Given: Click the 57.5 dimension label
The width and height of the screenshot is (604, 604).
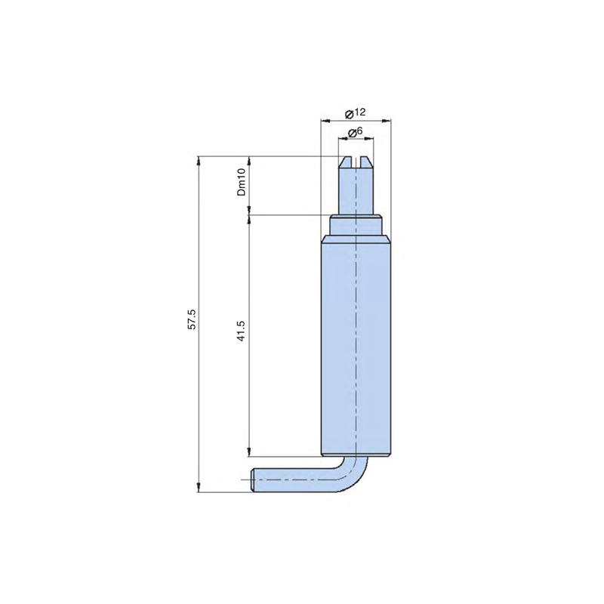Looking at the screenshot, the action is tap(192, 319).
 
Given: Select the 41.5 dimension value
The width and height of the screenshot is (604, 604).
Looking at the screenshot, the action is tap(241, 331).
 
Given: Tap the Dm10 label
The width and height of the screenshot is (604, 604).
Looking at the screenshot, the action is tap(241, 182).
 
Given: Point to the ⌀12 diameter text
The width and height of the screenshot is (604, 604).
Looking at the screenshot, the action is tap(355, 113).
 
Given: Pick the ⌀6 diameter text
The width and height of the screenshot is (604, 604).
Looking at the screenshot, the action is tap(355, 132).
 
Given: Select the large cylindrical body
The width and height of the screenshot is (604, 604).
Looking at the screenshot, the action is tap(356, 347).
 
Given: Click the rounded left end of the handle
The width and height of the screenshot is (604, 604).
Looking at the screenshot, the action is tap(254, 480).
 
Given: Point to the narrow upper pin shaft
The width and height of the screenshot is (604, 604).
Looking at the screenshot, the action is tap(356, 191).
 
